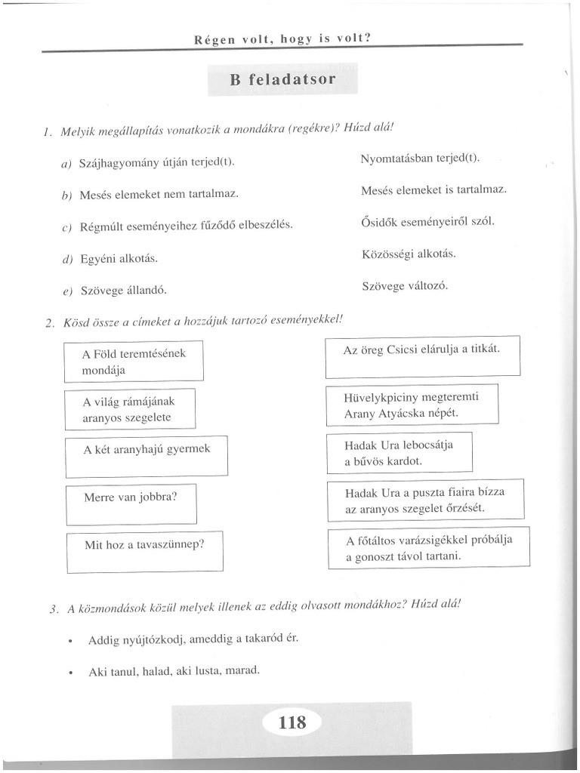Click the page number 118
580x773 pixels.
pyautogui.click(x=292, y=722)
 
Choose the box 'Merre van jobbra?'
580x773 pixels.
pyautogui.click(x=131, y=504)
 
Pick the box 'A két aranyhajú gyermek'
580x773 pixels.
pyautogui.click(x=147, y=456)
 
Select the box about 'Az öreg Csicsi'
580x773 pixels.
pyautogui.click(x=422, y=359)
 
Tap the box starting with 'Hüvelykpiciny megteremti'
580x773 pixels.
pyautogui.click(x=412, y=405)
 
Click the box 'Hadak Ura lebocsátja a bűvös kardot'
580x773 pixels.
pyautogui.click(x=399, y=452)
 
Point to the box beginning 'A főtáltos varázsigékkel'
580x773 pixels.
pyautogui.click(x=429, y=549)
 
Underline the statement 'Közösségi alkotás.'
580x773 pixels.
pyautogui.click(x=409, y=254)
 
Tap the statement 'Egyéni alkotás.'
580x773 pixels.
pyautogui.click(x=119, y=258)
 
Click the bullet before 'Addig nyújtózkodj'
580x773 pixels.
pyautogui.click(x=69, y=640)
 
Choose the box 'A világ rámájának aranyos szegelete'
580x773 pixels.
pyautogui.click(x=130, y=409)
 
